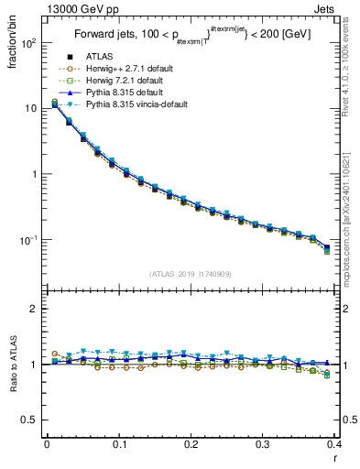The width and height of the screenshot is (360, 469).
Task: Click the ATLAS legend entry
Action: [100, 59]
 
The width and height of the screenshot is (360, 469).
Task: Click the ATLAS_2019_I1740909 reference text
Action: [191, 274]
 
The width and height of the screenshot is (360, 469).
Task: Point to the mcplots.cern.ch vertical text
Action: [352, 201]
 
